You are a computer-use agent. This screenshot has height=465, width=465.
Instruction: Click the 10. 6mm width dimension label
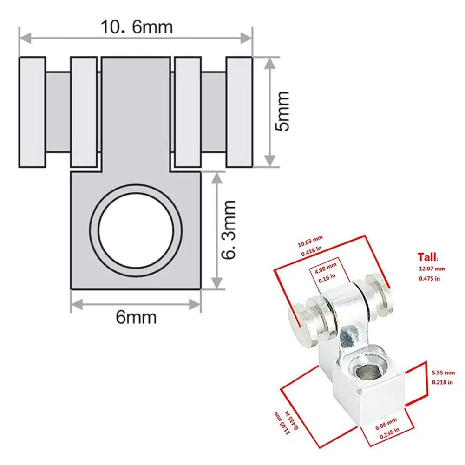[137, 26]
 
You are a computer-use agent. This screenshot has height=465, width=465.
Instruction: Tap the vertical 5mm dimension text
[281, 111]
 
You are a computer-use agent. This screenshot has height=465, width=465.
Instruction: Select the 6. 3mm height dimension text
[229, 230]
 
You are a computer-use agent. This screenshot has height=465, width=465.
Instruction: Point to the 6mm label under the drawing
[136, 318]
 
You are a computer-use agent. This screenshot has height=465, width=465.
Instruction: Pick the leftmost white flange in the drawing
[32, 112]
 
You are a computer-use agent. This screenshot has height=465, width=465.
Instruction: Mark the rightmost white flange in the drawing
[239, 112]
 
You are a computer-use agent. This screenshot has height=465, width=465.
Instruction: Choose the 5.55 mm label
[441, 372]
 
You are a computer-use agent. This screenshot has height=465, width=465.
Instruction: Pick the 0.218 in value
[441, 382]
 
